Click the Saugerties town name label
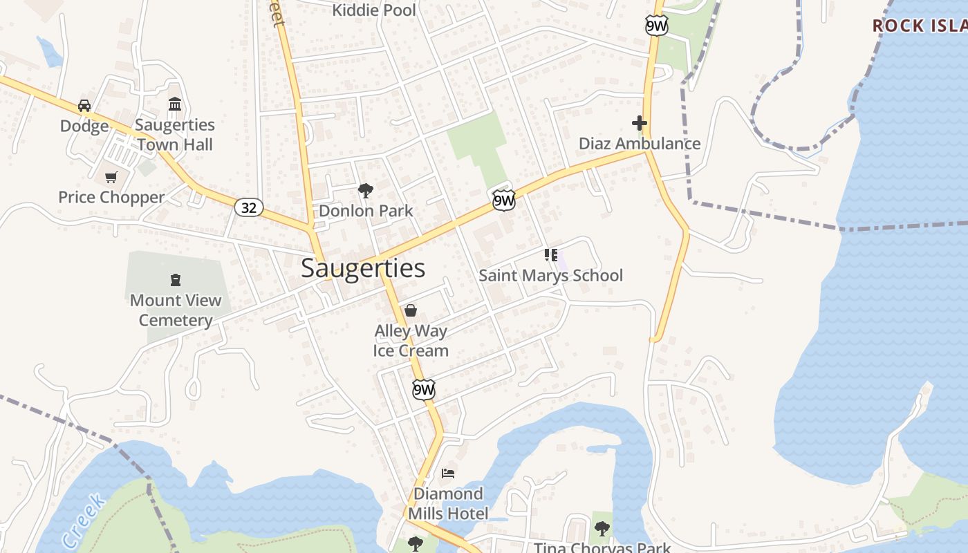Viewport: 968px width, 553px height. coord(363,268)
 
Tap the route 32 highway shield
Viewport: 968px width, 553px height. coord(248,207)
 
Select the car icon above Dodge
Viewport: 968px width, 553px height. coord(84,106)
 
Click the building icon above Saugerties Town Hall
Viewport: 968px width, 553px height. coord(175,104)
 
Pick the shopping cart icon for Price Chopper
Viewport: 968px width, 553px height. coord(111,177)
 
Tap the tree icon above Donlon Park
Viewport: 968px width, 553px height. coord(365,191)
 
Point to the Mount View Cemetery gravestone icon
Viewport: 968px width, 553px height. coord(176,280)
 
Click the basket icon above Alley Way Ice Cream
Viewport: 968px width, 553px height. coord(411,310)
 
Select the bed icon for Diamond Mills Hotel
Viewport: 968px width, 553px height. coord(448,474)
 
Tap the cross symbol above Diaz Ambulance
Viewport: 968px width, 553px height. coord(640,124)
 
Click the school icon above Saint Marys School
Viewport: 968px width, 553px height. coord(551,255)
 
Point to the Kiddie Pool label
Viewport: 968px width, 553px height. coord(374,10)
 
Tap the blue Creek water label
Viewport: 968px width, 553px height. coord(83,522)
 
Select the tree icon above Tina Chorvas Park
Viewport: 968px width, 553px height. coord(602,529)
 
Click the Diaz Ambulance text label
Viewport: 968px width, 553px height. coord(640,144)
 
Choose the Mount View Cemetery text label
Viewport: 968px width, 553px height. coord(176,310)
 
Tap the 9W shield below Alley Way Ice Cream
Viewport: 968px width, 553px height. coord(424,389)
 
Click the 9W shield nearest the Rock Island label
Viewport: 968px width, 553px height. coord(656,26)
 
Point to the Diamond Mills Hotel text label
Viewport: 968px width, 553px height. coord(448,503)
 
